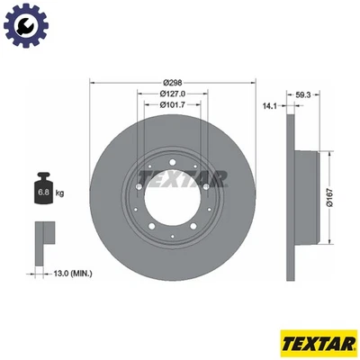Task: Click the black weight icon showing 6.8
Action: point(43,188)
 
